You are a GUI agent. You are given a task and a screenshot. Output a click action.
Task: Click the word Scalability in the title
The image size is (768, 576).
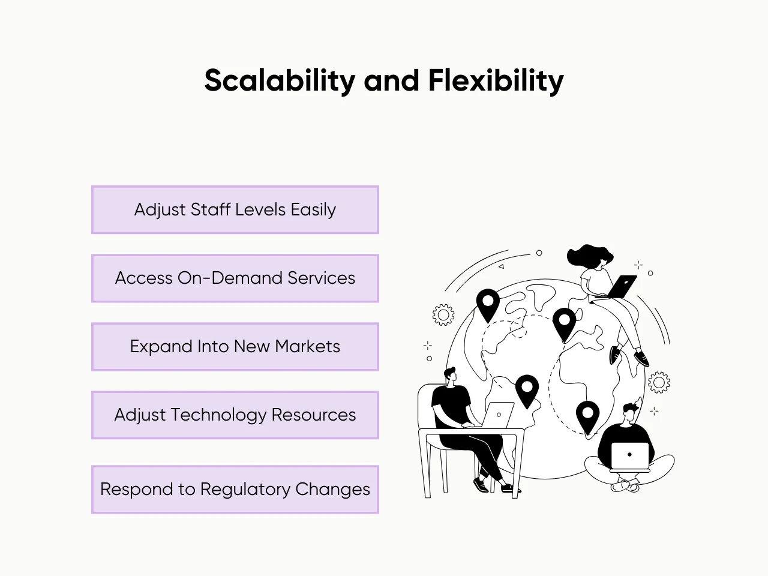(x=279, y=81)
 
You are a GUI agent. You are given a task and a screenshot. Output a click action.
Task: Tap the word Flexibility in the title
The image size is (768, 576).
(x=496, y=81)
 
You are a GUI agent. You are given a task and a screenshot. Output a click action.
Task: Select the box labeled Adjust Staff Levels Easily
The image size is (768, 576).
(x=235, y=210)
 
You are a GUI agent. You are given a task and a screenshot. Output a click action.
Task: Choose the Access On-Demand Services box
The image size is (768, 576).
(x=235, y=278)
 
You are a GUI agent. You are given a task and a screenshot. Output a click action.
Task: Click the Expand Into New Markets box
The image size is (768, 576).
(x=235, y=347)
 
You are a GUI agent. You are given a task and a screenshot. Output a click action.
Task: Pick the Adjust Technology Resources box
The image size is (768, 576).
(x=235, y=415)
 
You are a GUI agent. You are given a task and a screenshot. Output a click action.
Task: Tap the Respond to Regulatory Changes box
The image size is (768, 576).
(x=235, y=490)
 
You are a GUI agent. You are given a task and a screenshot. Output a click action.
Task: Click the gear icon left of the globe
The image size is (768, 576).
(x=443, y=314)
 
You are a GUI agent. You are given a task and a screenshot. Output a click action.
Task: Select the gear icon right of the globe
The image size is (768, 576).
(x=659, y=382)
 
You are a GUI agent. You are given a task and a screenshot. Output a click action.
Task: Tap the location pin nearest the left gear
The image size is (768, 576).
(x=488, y=304)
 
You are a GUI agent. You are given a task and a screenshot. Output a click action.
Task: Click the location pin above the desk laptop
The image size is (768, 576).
(x=527, y=390)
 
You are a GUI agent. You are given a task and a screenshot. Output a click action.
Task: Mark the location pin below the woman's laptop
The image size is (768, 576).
(x=564, y=323)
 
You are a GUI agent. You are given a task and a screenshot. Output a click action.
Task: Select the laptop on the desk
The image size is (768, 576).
(x=499, y=415)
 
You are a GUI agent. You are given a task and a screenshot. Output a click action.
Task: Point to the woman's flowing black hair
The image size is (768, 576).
(x=588, y=255)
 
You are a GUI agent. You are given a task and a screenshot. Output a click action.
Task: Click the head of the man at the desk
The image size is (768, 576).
(x=451, y=376)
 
